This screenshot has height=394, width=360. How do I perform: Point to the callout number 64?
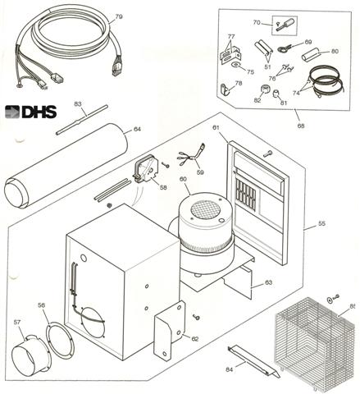click(x=138, y=128)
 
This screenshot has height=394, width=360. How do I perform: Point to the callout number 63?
click(x=267, y=283)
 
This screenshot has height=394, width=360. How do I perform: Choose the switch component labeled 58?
click(x=145, y=171)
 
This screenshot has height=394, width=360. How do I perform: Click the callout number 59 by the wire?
click(x=200, y=172)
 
